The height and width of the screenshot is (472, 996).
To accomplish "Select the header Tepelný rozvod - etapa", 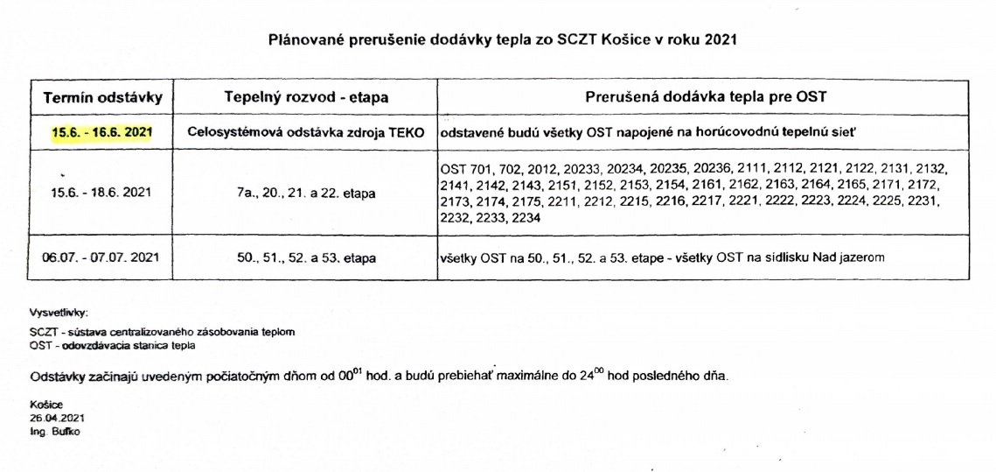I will pos(306,97).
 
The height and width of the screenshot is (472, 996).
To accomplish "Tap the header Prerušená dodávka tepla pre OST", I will pos(704,97).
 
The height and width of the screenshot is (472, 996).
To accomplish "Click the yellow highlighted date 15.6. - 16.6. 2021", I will pos(101,132).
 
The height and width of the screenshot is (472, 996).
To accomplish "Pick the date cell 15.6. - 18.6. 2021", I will pos(101,192).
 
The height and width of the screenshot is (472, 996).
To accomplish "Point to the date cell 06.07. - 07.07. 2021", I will pos(101,257).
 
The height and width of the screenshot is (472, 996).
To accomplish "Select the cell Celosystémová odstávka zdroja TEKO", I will pos(306,132).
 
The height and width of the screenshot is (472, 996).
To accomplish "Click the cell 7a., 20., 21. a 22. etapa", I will pos(306,192).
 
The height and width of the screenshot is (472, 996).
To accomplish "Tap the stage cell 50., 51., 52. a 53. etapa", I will pos(306,257).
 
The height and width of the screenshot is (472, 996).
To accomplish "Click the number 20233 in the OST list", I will pos(571,166).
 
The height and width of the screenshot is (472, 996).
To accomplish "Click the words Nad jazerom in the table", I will pos(851,257).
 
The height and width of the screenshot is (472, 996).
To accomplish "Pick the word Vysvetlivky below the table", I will pos(59,312).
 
